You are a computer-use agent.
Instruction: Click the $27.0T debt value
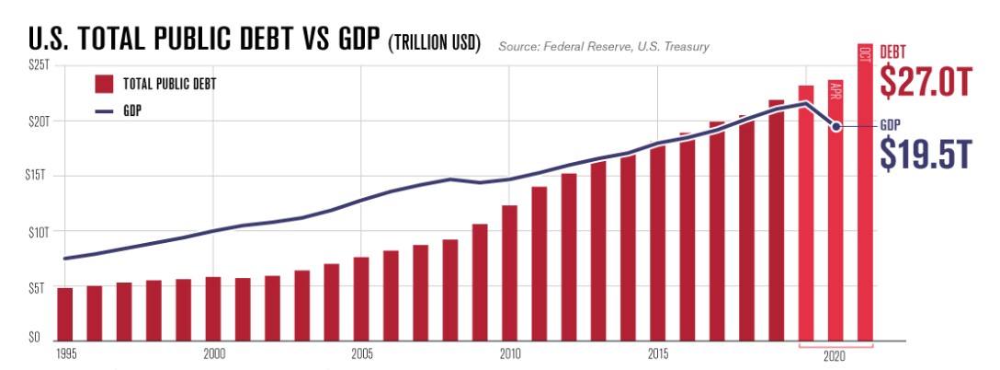click(x=925, y=82)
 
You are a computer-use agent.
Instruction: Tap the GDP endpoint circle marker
click(x=836, y=126)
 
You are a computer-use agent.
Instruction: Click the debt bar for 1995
click(x=64, y=314)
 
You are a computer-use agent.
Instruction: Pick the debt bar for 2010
click(x=509, y=272)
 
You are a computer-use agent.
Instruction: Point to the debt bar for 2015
click(x=657, y=243)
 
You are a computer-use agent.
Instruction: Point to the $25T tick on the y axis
click(x=37, y=66)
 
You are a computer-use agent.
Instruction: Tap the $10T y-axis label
click(x=37, y=231)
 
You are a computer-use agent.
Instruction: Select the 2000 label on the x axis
click(x=213, y=353)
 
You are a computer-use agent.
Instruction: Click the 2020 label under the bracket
click(x=835, y=355)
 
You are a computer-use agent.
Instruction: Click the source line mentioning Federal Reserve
click(x=604, y=46)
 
